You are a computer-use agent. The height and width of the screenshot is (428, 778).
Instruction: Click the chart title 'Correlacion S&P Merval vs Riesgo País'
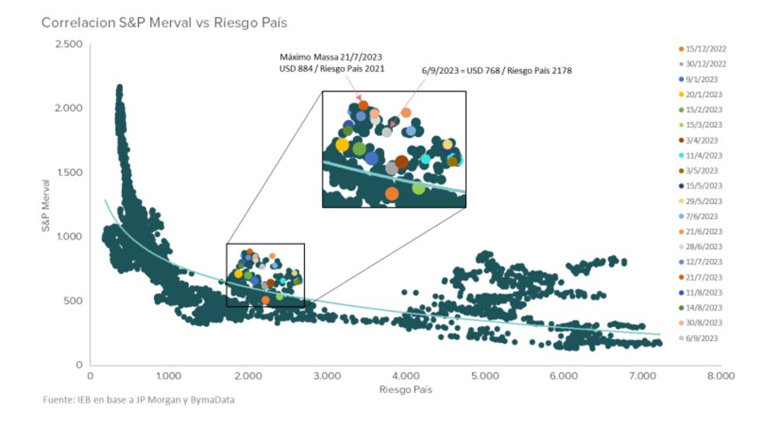[x=164, y=23]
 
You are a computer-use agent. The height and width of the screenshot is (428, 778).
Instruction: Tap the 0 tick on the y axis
[x=79, y=365]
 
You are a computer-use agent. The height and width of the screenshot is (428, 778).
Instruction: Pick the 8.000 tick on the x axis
[x=720, y=377]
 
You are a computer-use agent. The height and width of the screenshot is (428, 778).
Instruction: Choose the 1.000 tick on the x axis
[x=169, y=377]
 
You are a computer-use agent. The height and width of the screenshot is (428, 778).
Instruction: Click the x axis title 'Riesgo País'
[x=405, y=388]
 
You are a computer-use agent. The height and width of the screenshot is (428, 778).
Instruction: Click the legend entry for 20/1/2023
[x=703, y=94]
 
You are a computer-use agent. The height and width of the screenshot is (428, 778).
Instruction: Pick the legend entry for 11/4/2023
[x=703, y=155]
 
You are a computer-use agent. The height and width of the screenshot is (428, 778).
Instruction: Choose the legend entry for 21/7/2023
[x=703, y=277]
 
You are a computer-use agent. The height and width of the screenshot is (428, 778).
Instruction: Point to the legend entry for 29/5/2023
[x=703, y=201]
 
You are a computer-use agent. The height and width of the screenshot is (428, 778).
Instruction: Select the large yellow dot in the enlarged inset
[x=342, y=145]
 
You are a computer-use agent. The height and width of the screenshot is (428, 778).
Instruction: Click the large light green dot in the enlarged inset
[x=419, y=188]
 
